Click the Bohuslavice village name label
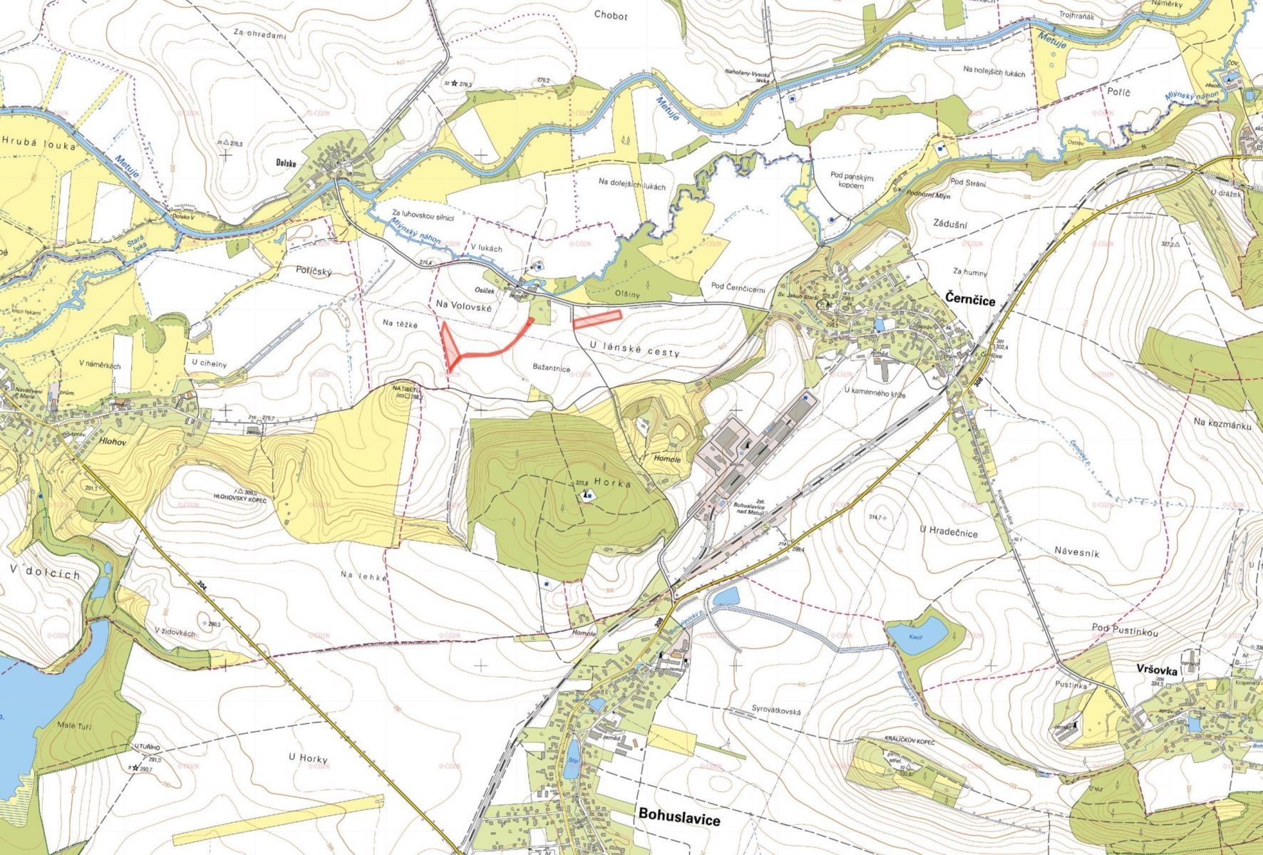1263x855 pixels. tap(679, 817)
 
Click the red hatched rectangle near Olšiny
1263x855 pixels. tap(597, 318)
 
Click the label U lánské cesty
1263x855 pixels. tap(635, 351)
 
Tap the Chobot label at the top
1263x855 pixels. tap(610, 16)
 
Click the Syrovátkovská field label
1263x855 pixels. tap(777, 710)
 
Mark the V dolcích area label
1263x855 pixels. tap(46, 574)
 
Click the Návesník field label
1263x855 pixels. tap(1076, 551)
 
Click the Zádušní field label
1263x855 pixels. tap(949, 224)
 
